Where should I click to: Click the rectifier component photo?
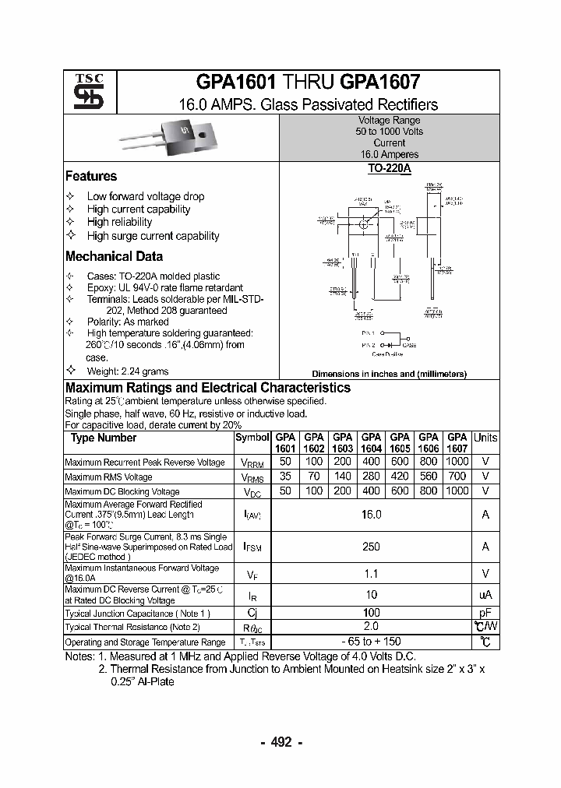click(x=165, y=139)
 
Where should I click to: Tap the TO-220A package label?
click(x=388, y=168)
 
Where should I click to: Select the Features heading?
click(x=91, y=177)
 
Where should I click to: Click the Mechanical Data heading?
click(x=114, y=256)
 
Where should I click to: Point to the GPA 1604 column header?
click(x=371, y=442)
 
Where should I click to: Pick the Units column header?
click(x=485, y=438)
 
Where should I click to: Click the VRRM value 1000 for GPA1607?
click(x=457, y=463)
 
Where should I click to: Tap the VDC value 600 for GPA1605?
click(x=400, y=491)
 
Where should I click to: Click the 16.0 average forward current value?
click(x=371, y=515)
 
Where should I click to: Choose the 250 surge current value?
click(x=371, y=547)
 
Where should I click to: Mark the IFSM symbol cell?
click(x=252, y=547)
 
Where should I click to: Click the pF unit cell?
click(x=485, y=613)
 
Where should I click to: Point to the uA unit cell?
click(x=485, y=595)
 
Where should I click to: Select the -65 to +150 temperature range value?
click(x=371, y=642)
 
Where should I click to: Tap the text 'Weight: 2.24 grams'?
click(x=127, y=371)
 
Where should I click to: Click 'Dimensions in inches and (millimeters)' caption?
click(x=389, y=374)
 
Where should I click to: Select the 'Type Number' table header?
click(x=104, y=438)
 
